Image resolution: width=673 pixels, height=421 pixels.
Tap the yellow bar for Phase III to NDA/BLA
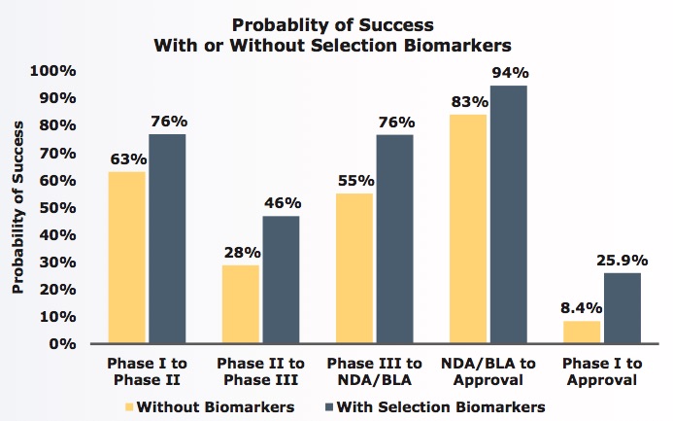[353, 268]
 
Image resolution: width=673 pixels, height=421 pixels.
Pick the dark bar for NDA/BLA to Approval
[507, 215]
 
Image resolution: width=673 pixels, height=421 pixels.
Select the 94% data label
[509, 73]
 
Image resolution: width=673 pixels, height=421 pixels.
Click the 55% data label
[353, 180]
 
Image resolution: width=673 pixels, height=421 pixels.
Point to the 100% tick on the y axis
[48, 71]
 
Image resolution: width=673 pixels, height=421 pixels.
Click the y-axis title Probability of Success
[18, 207]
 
